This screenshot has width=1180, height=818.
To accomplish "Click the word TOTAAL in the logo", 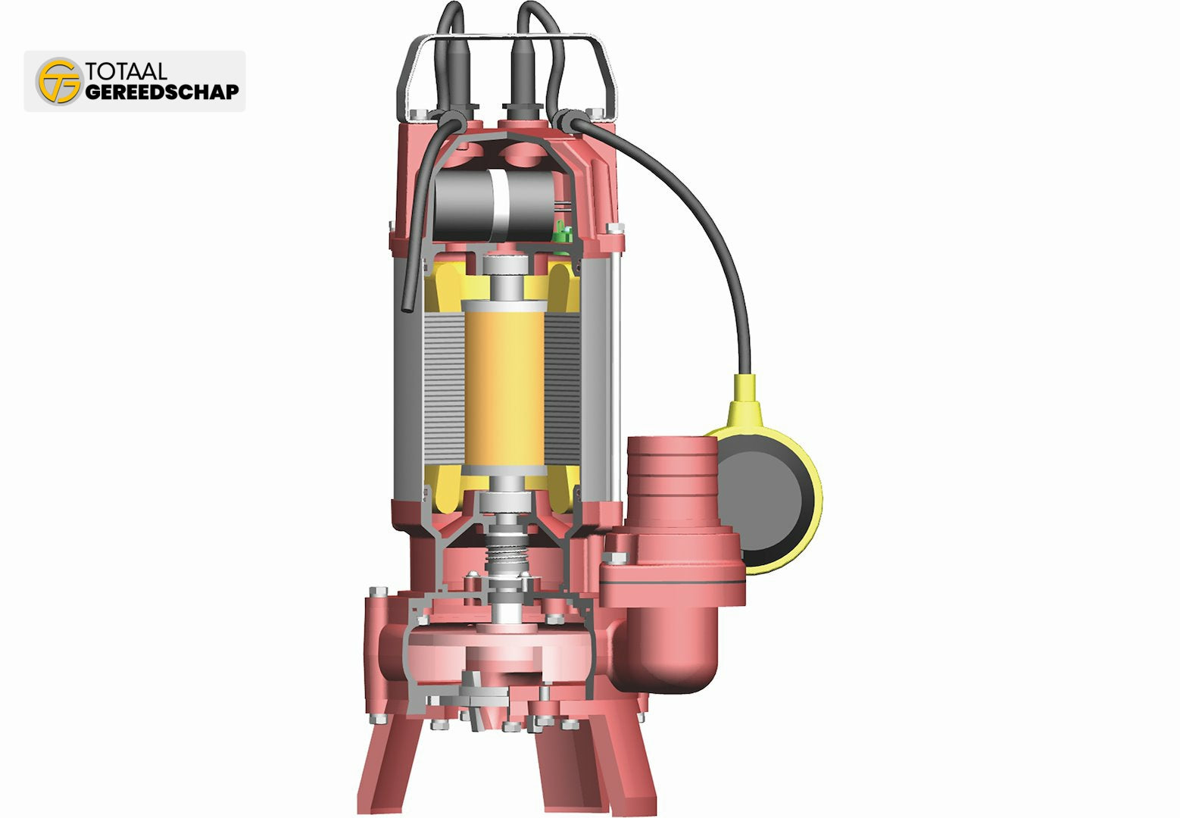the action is pos(126,71).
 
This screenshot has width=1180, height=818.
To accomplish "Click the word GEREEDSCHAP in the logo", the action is pos(162,92).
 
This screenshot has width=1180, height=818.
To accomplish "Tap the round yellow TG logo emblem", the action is pos(60,81).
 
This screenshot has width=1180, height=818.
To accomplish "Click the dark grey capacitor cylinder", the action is pos(494,204).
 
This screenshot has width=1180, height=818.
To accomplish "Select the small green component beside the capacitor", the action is pos(563,233).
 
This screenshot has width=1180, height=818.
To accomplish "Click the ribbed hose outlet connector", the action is pos(672,481).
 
